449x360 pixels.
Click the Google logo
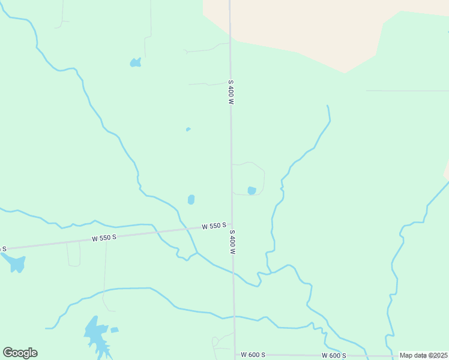pyautogui.click(x=20, y=353)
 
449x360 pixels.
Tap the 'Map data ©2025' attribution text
pyautogui.click(x=424, y=355)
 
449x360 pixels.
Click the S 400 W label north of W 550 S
pyautogui.click(x=230, y=92)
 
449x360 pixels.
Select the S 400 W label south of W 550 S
pyautogui.click(x=232, y=242)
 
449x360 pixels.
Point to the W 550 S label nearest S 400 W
pyautogui.click(x=214, y=226)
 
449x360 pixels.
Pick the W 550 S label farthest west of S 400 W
pyautogui.click(x=104, y=238)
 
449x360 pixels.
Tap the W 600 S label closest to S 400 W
pyautogui.click(x=253, y=355)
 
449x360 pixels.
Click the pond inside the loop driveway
pyautogui.click(x=252, y=190)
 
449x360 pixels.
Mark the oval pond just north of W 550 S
pyautogui.click(x=191, y=199)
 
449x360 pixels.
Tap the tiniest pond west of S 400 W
pyautogui.click(x=188, y=129)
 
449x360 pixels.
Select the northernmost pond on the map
pyautogui.click(x=136, y=62)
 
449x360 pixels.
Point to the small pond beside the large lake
pyautogui.click(x=115, y=329)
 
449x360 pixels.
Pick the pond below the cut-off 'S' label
pyautogui.click(x=15, y=263)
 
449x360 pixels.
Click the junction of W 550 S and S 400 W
pyautogui.click(x=232, y=224)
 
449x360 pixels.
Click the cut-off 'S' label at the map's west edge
pyautogui.click(x=3, y=248)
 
